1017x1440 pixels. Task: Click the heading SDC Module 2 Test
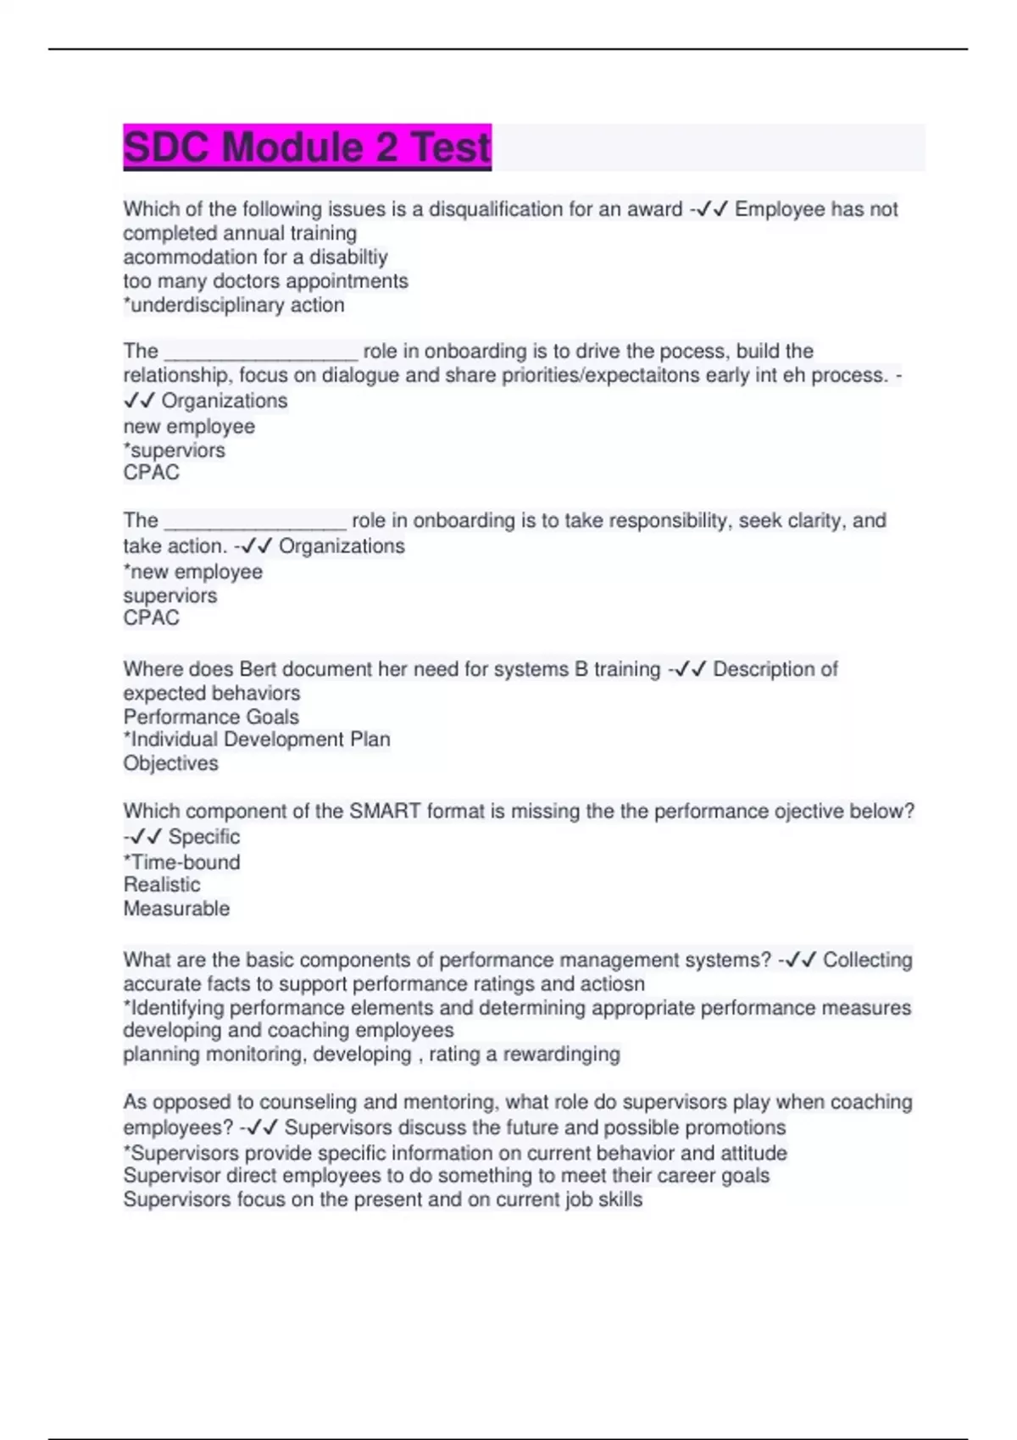click(x=307, y=147)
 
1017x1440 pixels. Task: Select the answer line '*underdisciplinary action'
click(x=234, y=305)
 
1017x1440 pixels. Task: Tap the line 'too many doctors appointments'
click(x=265, y=281)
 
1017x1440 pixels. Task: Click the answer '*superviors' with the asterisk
click(x=175, y=451)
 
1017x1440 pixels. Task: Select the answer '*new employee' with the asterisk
click(x=193, y=572)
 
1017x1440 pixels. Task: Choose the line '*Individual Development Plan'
click(x=257, y=739)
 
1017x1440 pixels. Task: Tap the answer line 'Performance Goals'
click(x=211, y=717)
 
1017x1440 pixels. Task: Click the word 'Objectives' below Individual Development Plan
click(x=170, y=763)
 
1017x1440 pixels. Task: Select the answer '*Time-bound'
click(x=182, y=862)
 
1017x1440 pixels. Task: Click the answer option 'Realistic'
click(x=162, y=885)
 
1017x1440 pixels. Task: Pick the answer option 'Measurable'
click(x=176, y=909)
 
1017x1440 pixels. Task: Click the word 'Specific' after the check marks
click(x=203, y=837)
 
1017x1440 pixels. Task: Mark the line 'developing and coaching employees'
click(x=288, y=1031)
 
